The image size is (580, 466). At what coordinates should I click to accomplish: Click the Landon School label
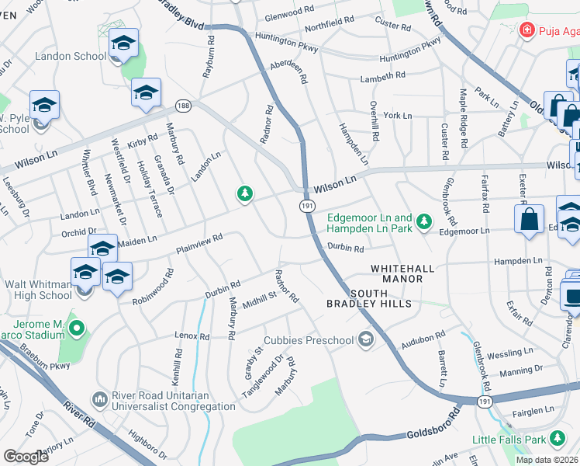pos(71,57)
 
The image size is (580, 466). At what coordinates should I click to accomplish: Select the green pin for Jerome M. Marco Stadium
pos(76,329)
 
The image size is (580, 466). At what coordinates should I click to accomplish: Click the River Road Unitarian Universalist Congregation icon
pos(99,399)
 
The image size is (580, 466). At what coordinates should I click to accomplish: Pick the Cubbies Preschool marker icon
pos(365,339)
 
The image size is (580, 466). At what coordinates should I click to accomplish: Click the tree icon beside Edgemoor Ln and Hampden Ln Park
pos(423,223)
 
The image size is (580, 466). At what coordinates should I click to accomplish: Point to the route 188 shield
pos(182,105)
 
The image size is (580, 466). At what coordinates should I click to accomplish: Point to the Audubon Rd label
pos(423,339)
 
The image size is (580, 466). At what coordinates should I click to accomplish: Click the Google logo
pos(26,457)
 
